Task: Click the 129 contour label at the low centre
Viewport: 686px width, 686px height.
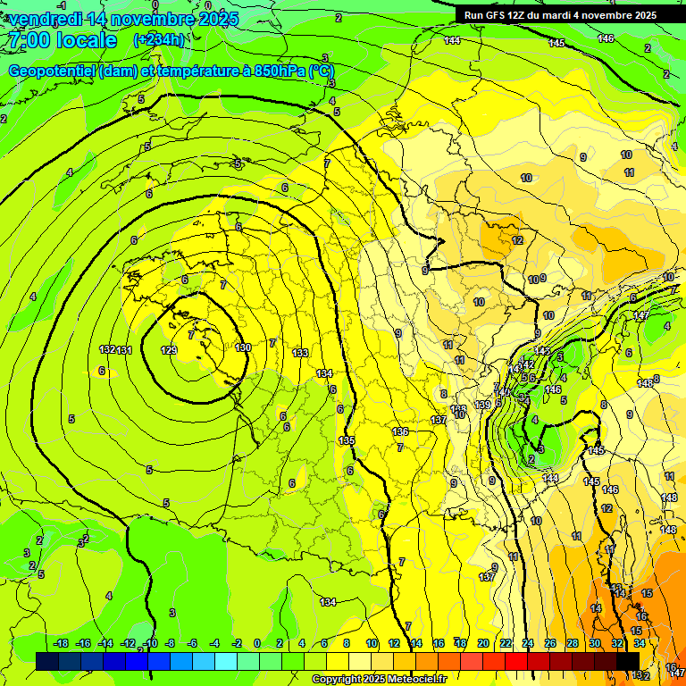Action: (x=168, y=350)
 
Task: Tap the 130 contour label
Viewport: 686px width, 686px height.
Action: (x=242, y=347)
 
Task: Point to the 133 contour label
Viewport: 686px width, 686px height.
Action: (x=300, y=354)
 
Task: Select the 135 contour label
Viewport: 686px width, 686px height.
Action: (x=347, y=441)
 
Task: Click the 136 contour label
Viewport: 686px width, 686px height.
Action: (x=400, y=432)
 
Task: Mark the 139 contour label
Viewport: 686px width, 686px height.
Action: (x=482, y=406)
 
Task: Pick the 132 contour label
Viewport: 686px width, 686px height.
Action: (x=108, y=349)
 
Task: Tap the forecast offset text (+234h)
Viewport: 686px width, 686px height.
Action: (x=159, y=40)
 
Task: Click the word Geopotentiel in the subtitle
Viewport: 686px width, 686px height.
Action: (x=53, y=71)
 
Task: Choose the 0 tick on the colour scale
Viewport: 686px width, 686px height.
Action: (x=257, y=643)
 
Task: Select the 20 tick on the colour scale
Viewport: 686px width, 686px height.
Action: (x=482, y=643)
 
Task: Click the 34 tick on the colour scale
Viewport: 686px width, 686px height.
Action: (x=640, y=643)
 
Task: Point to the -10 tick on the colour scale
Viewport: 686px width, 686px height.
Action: (x=149, y=643)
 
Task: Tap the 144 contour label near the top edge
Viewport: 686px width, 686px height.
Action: (x=452, y=40)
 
